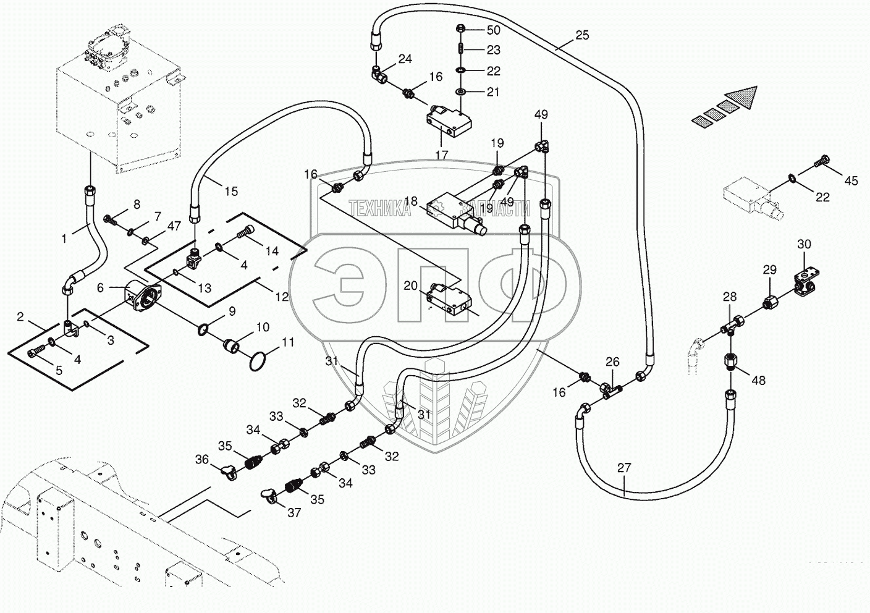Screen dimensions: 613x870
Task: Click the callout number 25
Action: tap(582, 36)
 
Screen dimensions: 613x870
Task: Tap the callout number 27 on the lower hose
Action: tap(625, 468)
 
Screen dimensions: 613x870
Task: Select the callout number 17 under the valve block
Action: tap(441, 155)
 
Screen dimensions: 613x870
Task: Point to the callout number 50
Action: tap(494, 30)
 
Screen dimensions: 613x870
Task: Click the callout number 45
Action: tap(851, 181)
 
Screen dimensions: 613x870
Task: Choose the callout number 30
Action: tap(804, 245)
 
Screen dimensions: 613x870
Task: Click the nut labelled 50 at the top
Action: tap(460, 28)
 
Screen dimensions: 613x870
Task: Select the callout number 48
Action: tap(758, 381)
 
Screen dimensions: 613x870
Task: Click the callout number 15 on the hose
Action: tap(231, 192)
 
